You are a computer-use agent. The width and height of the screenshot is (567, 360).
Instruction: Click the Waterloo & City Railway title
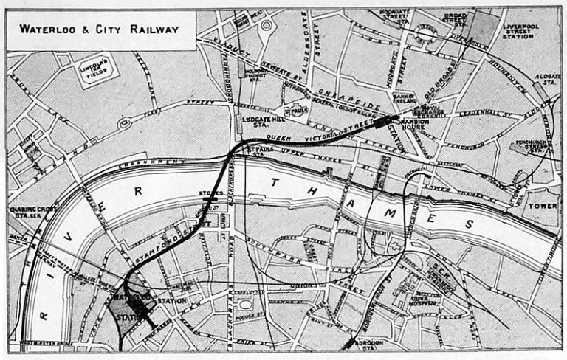(99, 30)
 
